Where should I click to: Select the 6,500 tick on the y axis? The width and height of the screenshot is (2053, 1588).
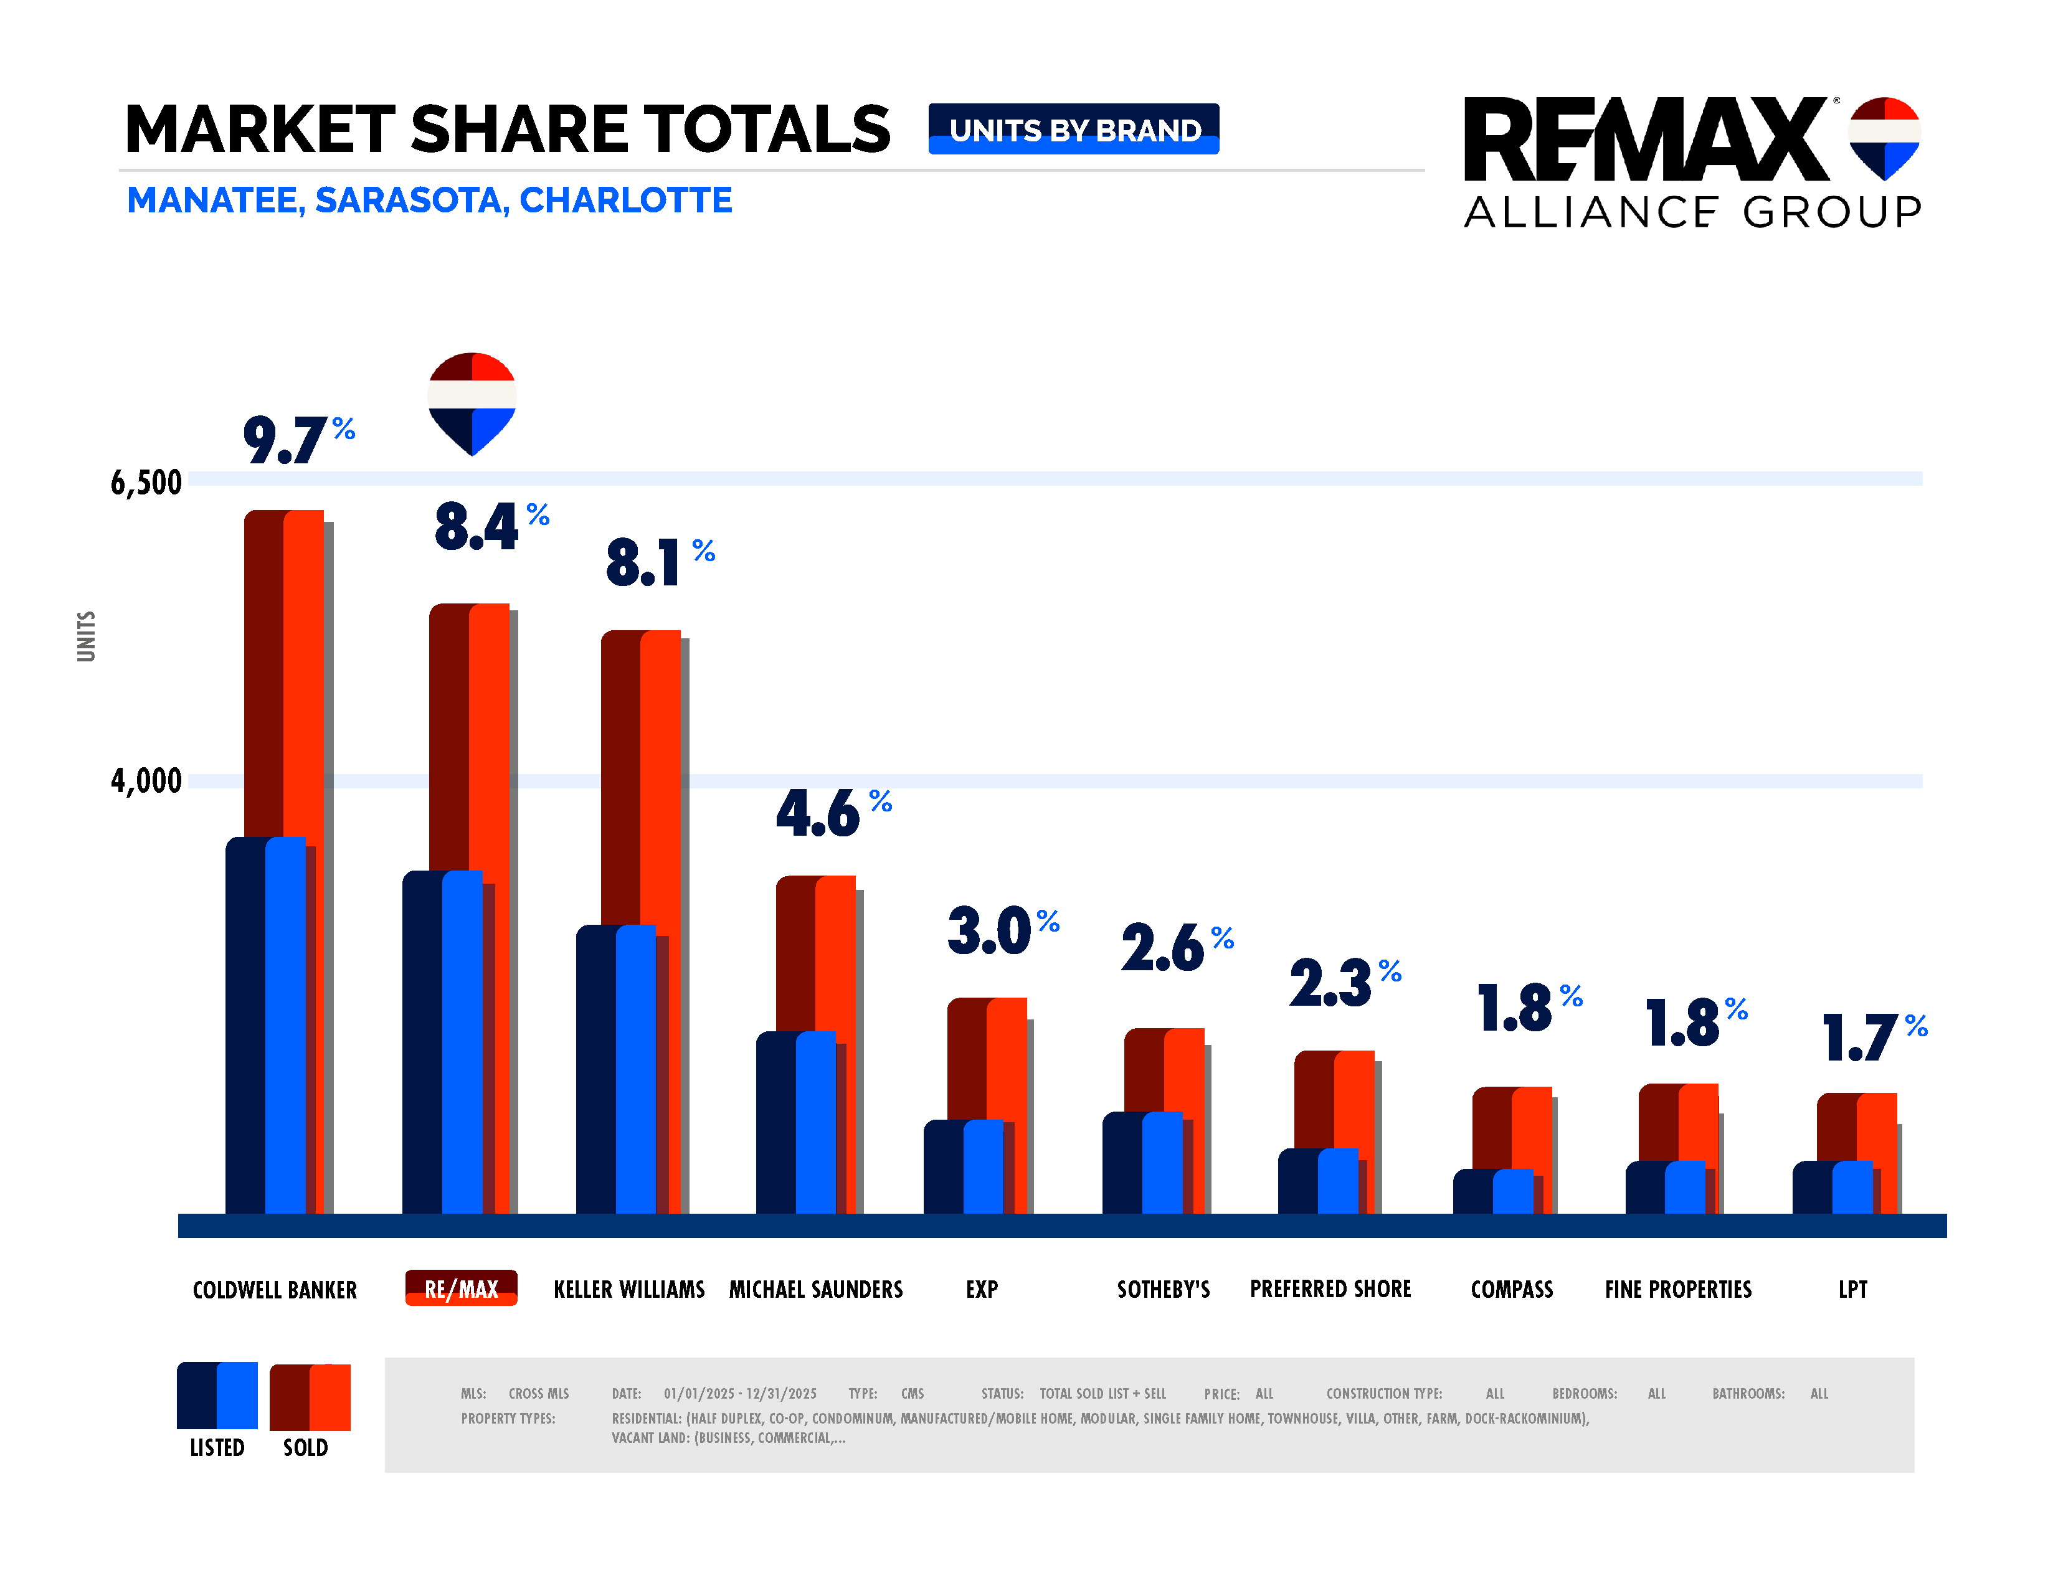[146, 482]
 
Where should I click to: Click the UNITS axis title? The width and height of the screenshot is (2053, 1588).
[85, 636]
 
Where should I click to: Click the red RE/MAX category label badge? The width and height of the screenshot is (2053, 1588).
[460, 1288]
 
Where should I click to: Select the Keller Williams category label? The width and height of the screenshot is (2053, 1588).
[629, 1289]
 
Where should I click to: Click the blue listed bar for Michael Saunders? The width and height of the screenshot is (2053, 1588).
[815, 1123]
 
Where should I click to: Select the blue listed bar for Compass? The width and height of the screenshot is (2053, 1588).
[1512, 1191]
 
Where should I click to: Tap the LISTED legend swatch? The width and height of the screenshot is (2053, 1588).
[217, 1396]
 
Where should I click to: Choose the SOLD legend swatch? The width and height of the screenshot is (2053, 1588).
[310, 1397]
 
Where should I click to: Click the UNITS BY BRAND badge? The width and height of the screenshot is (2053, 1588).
[1073, 130]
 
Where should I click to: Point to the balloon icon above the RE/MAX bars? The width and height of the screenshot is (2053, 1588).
[472, 403]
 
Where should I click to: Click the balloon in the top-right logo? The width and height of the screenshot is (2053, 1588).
[1884, 137]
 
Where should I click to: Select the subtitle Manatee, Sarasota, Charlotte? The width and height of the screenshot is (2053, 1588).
[430, 200]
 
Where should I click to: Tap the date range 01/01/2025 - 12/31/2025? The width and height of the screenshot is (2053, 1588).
[740, 1394]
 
